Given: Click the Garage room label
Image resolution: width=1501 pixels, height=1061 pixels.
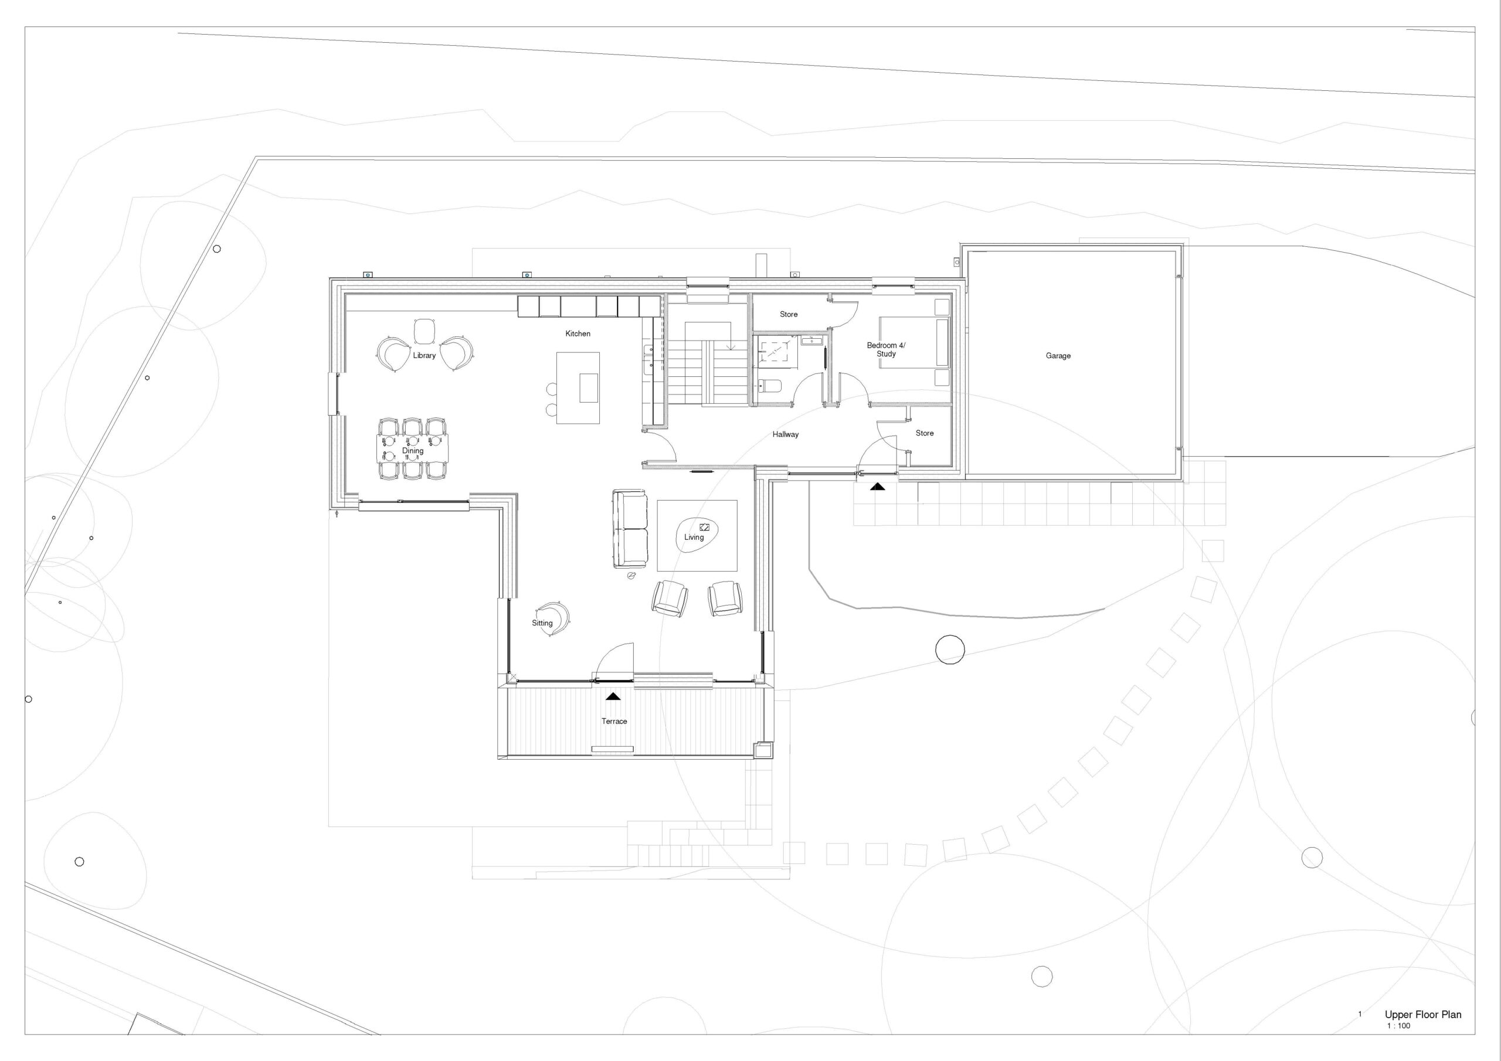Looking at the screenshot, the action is (1058, 356).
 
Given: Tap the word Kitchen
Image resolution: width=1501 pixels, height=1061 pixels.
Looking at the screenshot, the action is (578, 334).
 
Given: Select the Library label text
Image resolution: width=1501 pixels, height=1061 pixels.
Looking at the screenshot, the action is (425, 356).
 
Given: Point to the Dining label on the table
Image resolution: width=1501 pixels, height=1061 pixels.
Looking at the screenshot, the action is (413, 450).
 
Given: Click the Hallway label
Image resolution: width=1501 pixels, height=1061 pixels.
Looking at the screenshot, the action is (785, 434).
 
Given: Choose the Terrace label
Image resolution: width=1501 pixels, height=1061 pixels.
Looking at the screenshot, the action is (614, 721).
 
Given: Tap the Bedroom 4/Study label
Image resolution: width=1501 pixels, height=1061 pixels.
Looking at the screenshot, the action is (886, 350).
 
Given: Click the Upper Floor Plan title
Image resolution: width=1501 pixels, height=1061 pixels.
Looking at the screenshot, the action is (1422, 1015).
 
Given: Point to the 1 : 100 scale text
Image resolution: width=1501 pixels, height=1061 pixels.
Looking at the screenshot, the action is (1398, 1026).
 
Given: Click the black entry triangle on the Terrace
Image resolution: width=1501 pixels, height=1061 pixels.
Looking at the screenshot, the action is (613, 696).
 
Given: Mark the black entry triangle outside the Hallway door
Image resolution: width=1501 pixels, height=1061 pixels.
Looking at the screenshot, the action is (877, 487).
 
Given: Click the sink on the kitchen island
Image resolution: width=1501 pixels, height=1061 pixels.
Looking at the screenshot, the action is (588, 387).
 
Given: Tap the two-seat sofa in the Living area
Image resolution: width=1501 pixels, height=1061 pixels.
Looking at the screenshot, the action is (630, 529).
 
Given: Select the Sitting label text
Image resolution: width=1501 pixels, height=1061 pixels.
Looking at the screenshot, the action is (542, 623).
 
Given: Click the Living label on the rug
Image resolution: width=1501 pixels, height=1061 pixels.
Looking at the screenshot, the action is (694, 538).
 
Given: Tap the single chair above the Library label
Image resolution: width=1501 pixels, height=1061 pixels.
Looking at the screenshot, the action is (425, 331).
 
